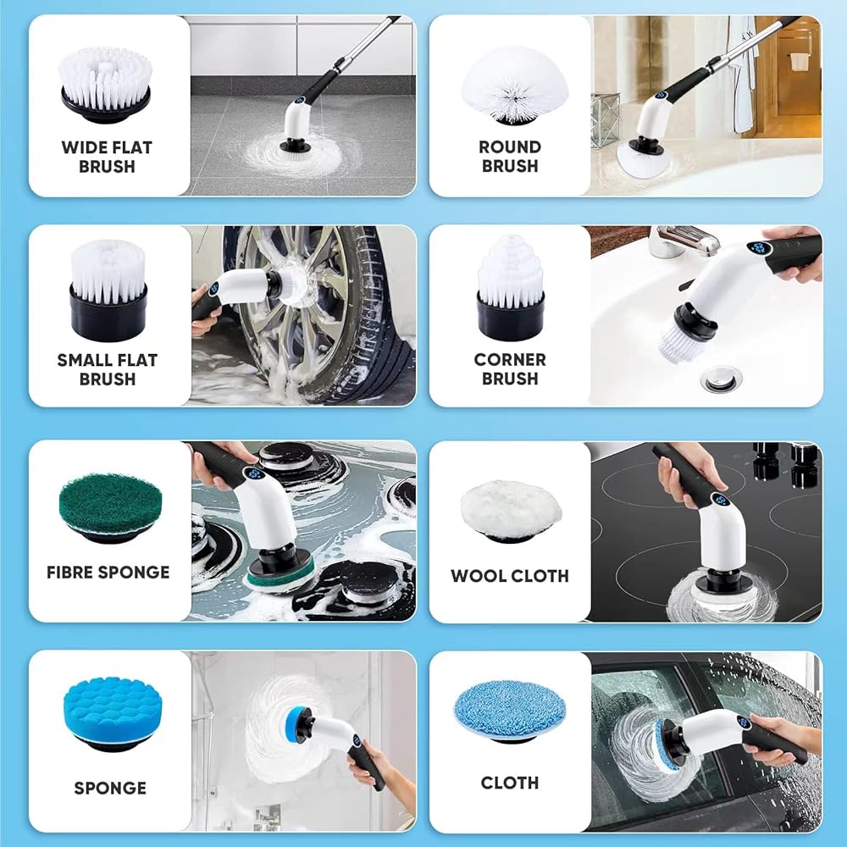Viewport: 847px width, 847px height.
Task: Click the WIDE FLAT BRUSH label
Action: click(107, 157)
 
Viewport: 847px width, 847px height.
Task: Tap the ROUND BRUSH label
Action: click(509, 156)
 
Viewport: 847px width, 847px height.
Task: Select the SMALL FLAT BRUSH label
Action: click(107, 369)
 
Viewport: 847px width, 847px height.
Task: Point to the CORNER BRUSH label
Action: click(509, 369)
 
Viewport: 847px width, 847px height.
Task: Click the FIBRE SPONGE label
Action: click(108, 572)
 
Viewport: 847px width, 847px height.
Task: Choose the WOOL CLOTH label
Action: click(509, 576)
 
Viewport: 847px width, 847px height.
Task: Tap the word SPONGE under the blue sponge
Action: click(110, 788)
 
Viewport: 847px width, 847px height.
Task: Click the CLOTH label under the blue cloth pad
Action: click(509, 783)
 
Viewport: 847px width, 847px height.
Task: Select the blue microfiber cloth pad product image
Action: click(509, 712)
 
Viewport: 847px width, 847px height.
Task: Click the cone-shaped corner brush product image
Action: click(510, 287)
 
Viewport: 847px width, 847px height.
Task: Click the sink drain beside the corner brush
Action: click(721, 378)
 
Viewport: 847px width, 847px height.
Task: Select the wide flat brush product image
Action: click(105, 85)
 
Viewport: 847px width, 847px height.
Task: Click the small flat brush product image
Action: click(108, 291)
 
